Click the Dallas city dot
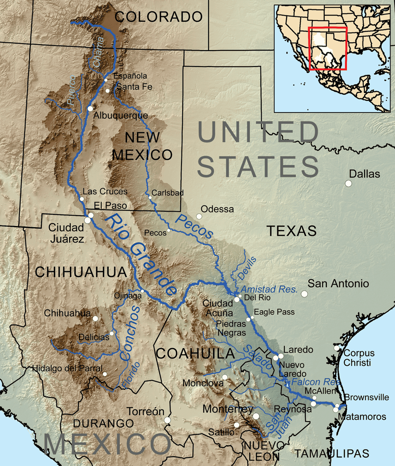click(349, 184)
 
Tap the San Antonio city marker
click(304, 294)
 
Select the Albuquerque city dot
click(90, 108)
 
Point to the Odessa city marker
click(199, 216)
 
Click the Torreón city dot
click(167, 420)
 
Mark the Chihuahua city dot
click(95, 318)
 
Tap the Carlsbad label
click(167, 192)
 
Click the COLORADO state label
click(159, 17)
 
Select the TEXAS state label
click(292, 231)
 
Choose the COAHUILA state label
click(195, 353)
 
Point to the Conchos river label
click(131, 333)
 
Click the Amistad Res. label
click(269, 288)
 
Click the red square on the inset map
click(328, 48)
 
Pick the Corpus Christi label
click(359, 358)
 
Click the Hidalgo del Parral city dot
click(105, 374)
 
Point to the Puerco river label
click(72, 89)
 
